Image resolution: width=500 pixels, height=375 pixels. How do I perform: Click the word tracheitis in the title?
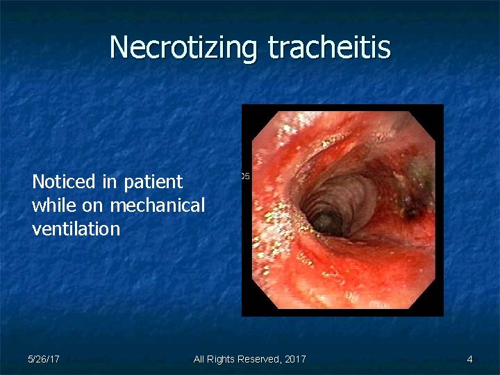pos(329,47)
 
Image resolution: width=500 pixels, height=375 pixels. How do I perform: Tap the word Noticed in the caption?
pos(63,182)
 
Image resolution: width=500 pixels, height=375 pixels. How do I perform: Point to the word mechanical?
pos(157,206)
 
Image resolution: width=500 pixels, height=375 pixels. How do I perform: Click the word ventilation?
pos(76,228)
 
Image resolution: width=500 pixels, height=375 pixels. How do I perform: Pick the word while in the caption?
pos(53,206)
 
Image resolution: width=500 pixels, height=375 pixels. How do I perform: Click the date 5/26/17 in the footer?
pos(43,359)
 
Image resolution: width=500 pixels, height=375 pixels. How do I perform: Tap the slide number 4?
pos(469,359)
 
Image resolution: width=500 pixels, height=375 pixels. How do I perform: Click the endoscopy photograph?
pos(342,210)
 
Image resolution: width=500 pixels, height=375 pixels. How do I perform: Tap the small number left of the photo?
pos(244,176)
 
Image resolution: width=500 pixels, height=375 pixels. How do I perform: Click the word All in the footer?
pos(199,359)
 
